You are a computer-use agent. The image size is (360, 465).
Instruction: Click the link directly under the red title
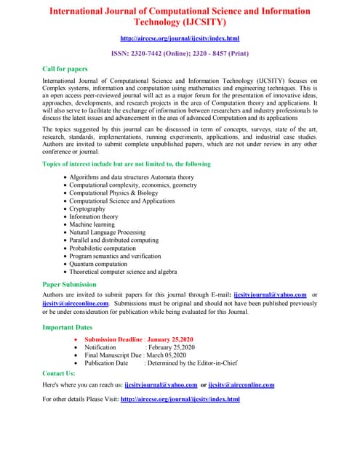(x=180, y=38)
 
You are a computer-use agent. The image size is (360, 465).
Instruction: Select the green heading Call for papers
(x=65, y=68)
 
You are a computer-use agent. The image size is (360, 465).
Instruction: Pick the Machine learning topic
(x=92, y=225)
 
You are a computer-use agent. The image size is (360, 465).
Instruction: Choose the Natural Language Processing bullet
(x=107, y=232)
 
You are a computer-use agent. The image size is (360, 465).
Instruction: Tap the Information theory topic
(x=93, y=217)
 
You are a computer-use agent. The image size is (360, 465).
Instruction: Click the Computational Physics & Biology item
(x=113, y=193)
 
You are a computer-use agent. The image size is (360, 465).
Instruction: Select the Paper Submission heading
(x=69, y=285)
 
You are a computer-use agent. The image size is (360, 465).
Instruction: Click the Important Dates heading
(x=68, y=327)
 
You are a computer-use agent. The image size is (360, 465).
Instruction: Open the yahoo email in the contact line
(x=161, y=385)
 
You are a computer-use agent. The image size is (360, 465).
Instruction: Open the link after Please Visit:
(x=180, y=399)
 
